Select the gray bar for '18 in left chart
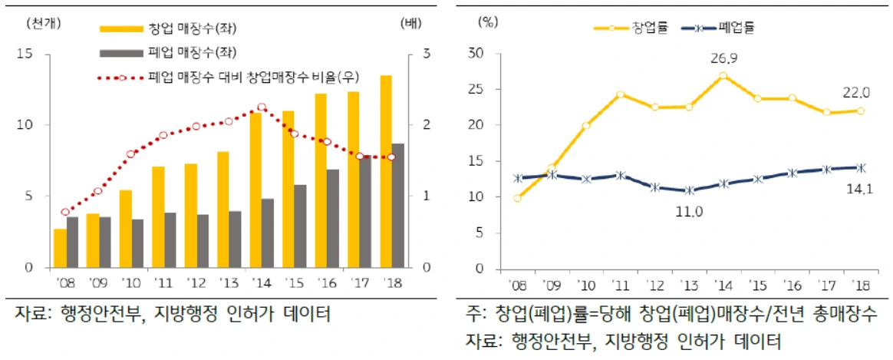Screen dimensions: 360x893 click(x=398, y=206)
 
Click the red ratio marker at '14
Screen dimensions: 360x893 click(x=262, y=107)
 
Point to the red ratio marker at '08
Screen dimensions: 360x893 click(x=65, y=212)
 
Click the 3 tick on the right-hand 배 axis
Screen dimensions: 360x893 click(x=427, y=54)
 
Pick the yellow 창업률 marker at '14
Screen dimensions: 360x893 click(x=723, y=76)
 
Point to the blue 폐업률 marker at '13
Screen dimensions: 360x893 click(x=688, y=190)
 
